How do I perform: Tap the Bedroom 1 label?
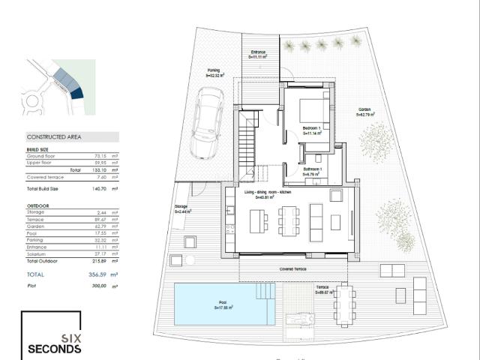coord(312,130)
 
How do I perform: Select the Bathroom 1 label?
coord(313,171)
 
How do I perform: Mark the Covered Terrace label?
coord(292,268)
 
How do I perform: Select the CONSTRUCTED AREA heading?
coord(54,137)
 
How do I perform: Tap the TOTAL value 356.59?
coord(97,274)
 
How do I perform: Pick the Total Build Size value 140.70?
coord(97,189)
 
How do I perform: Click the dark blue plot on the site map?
coord(75,93)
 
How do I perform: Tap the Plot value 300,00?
coord(97,286)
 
